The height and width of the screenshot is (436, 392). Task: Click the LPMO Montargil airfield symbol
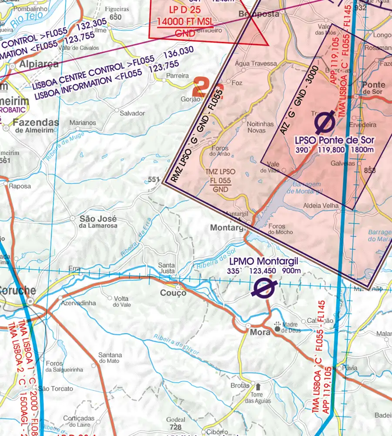264,288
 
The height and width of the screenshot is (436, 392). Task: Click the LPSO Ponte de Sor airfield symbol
325,122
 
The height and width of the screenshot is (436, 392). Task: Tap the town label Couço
173,293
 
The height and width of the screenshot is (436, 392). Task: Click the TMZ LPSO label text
221,172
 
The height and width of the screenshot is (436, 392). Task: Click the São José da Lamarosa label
98,221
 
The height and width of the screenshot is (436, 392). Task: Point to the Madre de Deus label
293,327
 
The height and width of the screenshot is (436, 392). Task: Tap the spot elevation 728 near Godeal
175,426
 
